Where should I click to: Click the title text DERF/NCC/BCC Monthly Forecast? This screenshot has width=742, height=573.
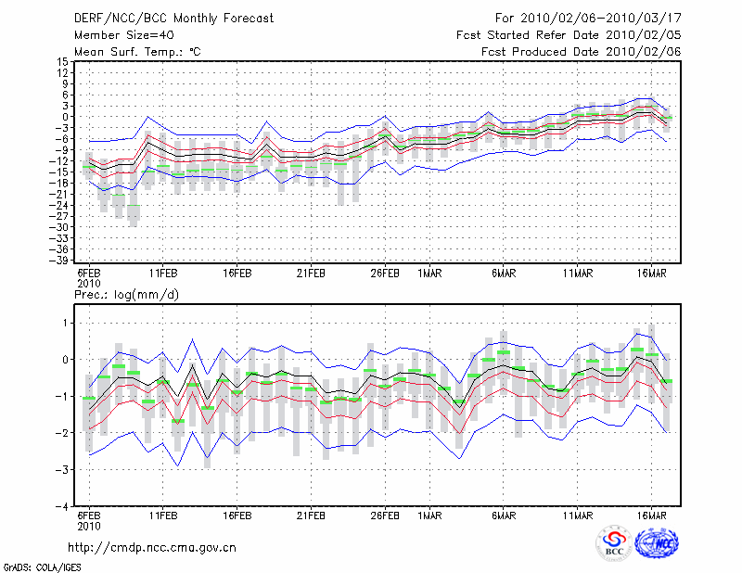173,19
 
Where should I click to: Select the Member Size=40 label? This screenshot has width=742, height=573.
124,35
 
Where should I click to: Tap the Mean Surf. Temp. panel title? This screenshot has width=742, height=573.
137,52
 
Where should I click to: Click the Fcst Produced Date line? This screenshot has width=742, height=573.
582,52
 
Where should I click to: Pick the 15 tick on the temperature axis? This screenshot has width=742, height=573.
63,61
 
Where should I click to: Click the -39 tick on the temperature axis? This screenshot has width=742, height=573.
59,261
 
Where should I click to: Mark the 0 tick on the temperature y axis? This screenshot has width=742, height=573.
65,117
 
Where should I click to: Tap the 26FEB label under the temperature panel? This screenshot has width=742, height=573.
385,274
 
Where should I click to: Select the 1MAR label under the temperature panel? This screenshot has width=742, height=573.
429,274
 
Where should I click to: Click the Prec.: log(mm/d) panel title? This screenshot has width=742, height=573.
126,295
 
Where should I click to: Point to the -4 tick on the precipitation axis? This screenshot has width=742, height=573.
62,506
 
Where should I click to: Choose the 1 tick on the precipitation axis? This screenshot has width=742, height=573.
66,324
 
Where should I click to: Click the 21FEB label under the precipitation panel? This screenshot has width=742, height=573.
311,516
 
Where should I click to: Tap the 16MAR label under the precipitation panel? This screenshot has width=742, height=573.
652,516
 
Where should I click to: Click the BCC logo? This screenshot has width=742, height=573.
614,542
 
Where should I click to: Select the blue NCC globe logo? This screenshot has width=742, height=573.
657,542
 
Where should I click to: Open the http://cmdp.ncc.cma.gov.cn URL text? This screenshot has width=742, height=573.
152,548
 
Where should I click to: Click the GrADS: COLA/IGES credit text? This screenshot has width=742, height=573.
42,567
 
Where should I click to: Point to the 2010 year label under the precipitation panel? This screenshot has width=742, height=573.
89,526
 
